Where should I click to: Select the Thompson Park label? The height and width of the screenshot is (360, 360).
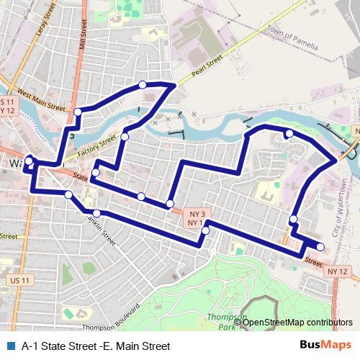click(224, 321)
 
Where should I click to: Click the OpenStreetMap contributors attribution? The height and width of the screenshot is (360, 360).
click(297, 322)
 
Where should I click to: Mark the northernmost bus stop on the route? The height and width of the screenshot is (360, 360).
click(143, 85)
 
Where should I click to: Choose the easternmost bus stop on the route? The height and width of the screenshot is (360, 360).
click(320, 248)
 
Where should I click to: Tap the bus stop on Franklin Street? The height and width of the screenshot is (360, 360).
click(96, 213)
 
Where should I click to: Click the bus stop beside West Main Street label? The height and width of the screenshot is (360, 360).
click(78, 111)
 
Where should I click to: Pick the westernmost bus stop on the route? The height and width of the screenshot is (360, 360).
click(29, 160)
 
